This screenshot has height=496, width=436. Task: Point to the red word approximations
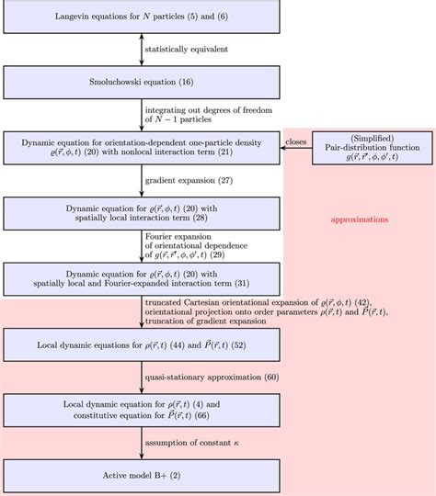click(x=359, y=220)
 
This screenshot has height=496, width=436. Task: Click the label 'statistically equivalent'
click(x=189, y=49)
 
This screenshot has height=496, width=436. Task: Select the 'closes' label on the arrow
click(x=296, y=141)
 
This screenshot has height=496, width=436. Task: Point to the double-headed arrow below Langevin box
click(x=142, y=49)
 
